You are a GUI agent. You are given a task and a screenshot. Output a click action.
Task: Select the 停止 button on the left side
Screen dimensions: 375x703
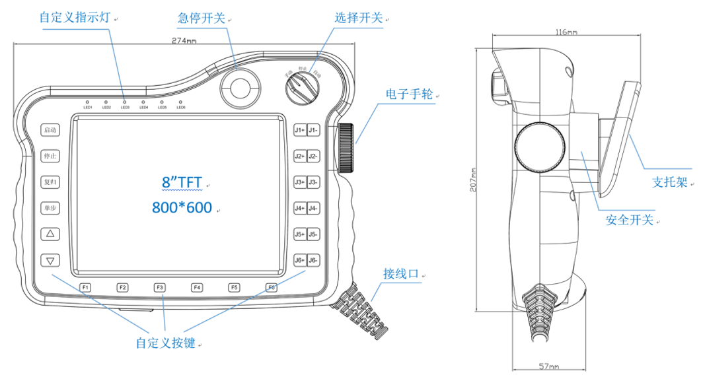(x=50, y=156)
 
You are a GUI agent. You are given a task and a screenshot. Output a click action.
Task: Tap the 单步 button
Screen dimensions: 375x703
(x=50, y=207)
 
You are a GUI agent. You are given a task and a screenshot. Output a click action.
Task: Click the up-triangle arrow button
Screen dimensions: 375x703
(x=50, y=234)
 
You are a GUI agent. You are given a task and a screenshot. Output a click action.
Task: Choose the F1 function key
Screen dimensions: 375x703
(x=86, y=287)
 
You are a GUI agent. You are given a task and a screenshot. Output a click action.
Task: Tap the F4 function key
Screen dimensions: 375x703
(x=197, y=287)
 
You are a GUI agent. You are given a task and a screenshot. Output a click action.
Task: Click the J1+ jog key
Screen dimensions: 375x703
(x=299, y=130)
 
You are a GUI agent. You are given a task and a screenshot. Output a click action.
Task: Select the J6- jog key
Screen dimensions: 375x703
(x=313, y=260)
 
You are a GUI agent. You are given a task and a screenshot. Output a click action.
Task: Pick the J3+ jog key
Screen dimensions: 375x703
(x=299, y=182)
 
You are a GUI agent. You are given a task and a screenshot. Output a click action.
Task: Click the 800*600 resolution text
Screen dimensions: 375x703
(x=182, y=208)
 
